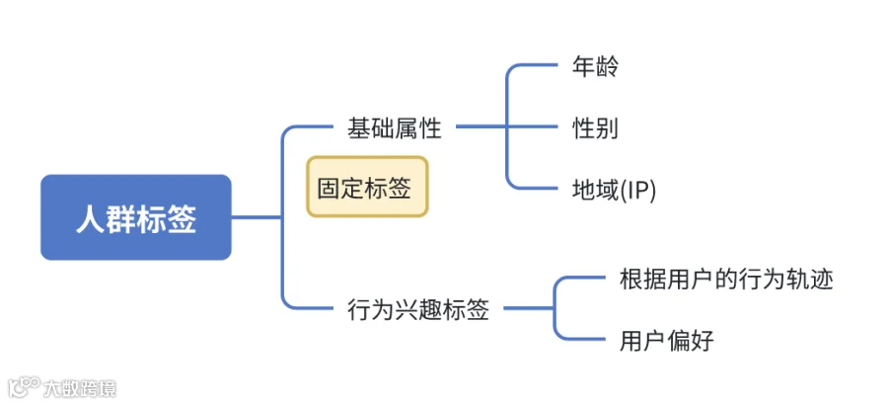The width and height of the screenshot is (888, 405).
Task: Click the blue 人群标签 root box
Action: [136, 217]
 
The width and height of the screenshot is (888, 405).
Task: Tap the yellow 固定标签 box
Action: [367, 187]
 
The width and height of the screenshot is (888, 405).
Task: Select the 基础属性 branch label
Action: [394, 127]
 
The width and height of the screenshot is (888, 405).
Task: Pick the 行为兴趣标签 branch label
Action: [418, 310]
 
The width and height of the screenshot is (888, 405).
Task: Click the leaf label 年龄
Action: [595, 66]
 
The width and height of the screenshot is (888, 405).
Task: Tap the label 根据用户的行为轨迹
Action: [726, 280]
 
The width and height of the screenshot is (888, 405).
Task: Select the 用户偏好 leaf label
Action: [667, 341]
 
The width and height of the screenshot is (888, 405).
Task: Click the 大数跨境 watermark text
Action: [80, 388]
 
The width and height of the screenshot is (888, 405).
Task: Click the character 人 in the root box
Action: [90, 218]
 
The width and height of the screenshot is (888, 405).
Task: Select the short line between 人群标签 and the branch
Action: [257, 217]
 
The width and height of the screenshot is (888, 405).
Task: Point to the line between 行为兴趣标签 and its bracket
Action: [528, 308]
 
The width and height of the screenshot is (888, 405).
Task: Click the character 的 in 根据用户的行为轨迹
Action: [725, 280]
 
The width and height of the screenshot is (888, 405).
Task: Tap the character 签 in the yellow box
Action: [401, 187]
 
